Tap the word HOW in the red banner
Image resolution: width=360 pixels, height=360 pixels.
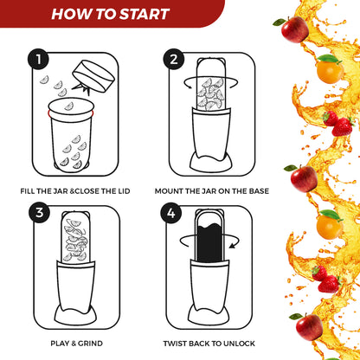pos(74,13)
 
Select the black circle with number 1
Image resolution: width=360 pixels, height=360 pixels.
pos(36,60)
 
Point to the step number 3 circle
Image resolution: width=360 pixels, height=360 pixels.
pos(36,212)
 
